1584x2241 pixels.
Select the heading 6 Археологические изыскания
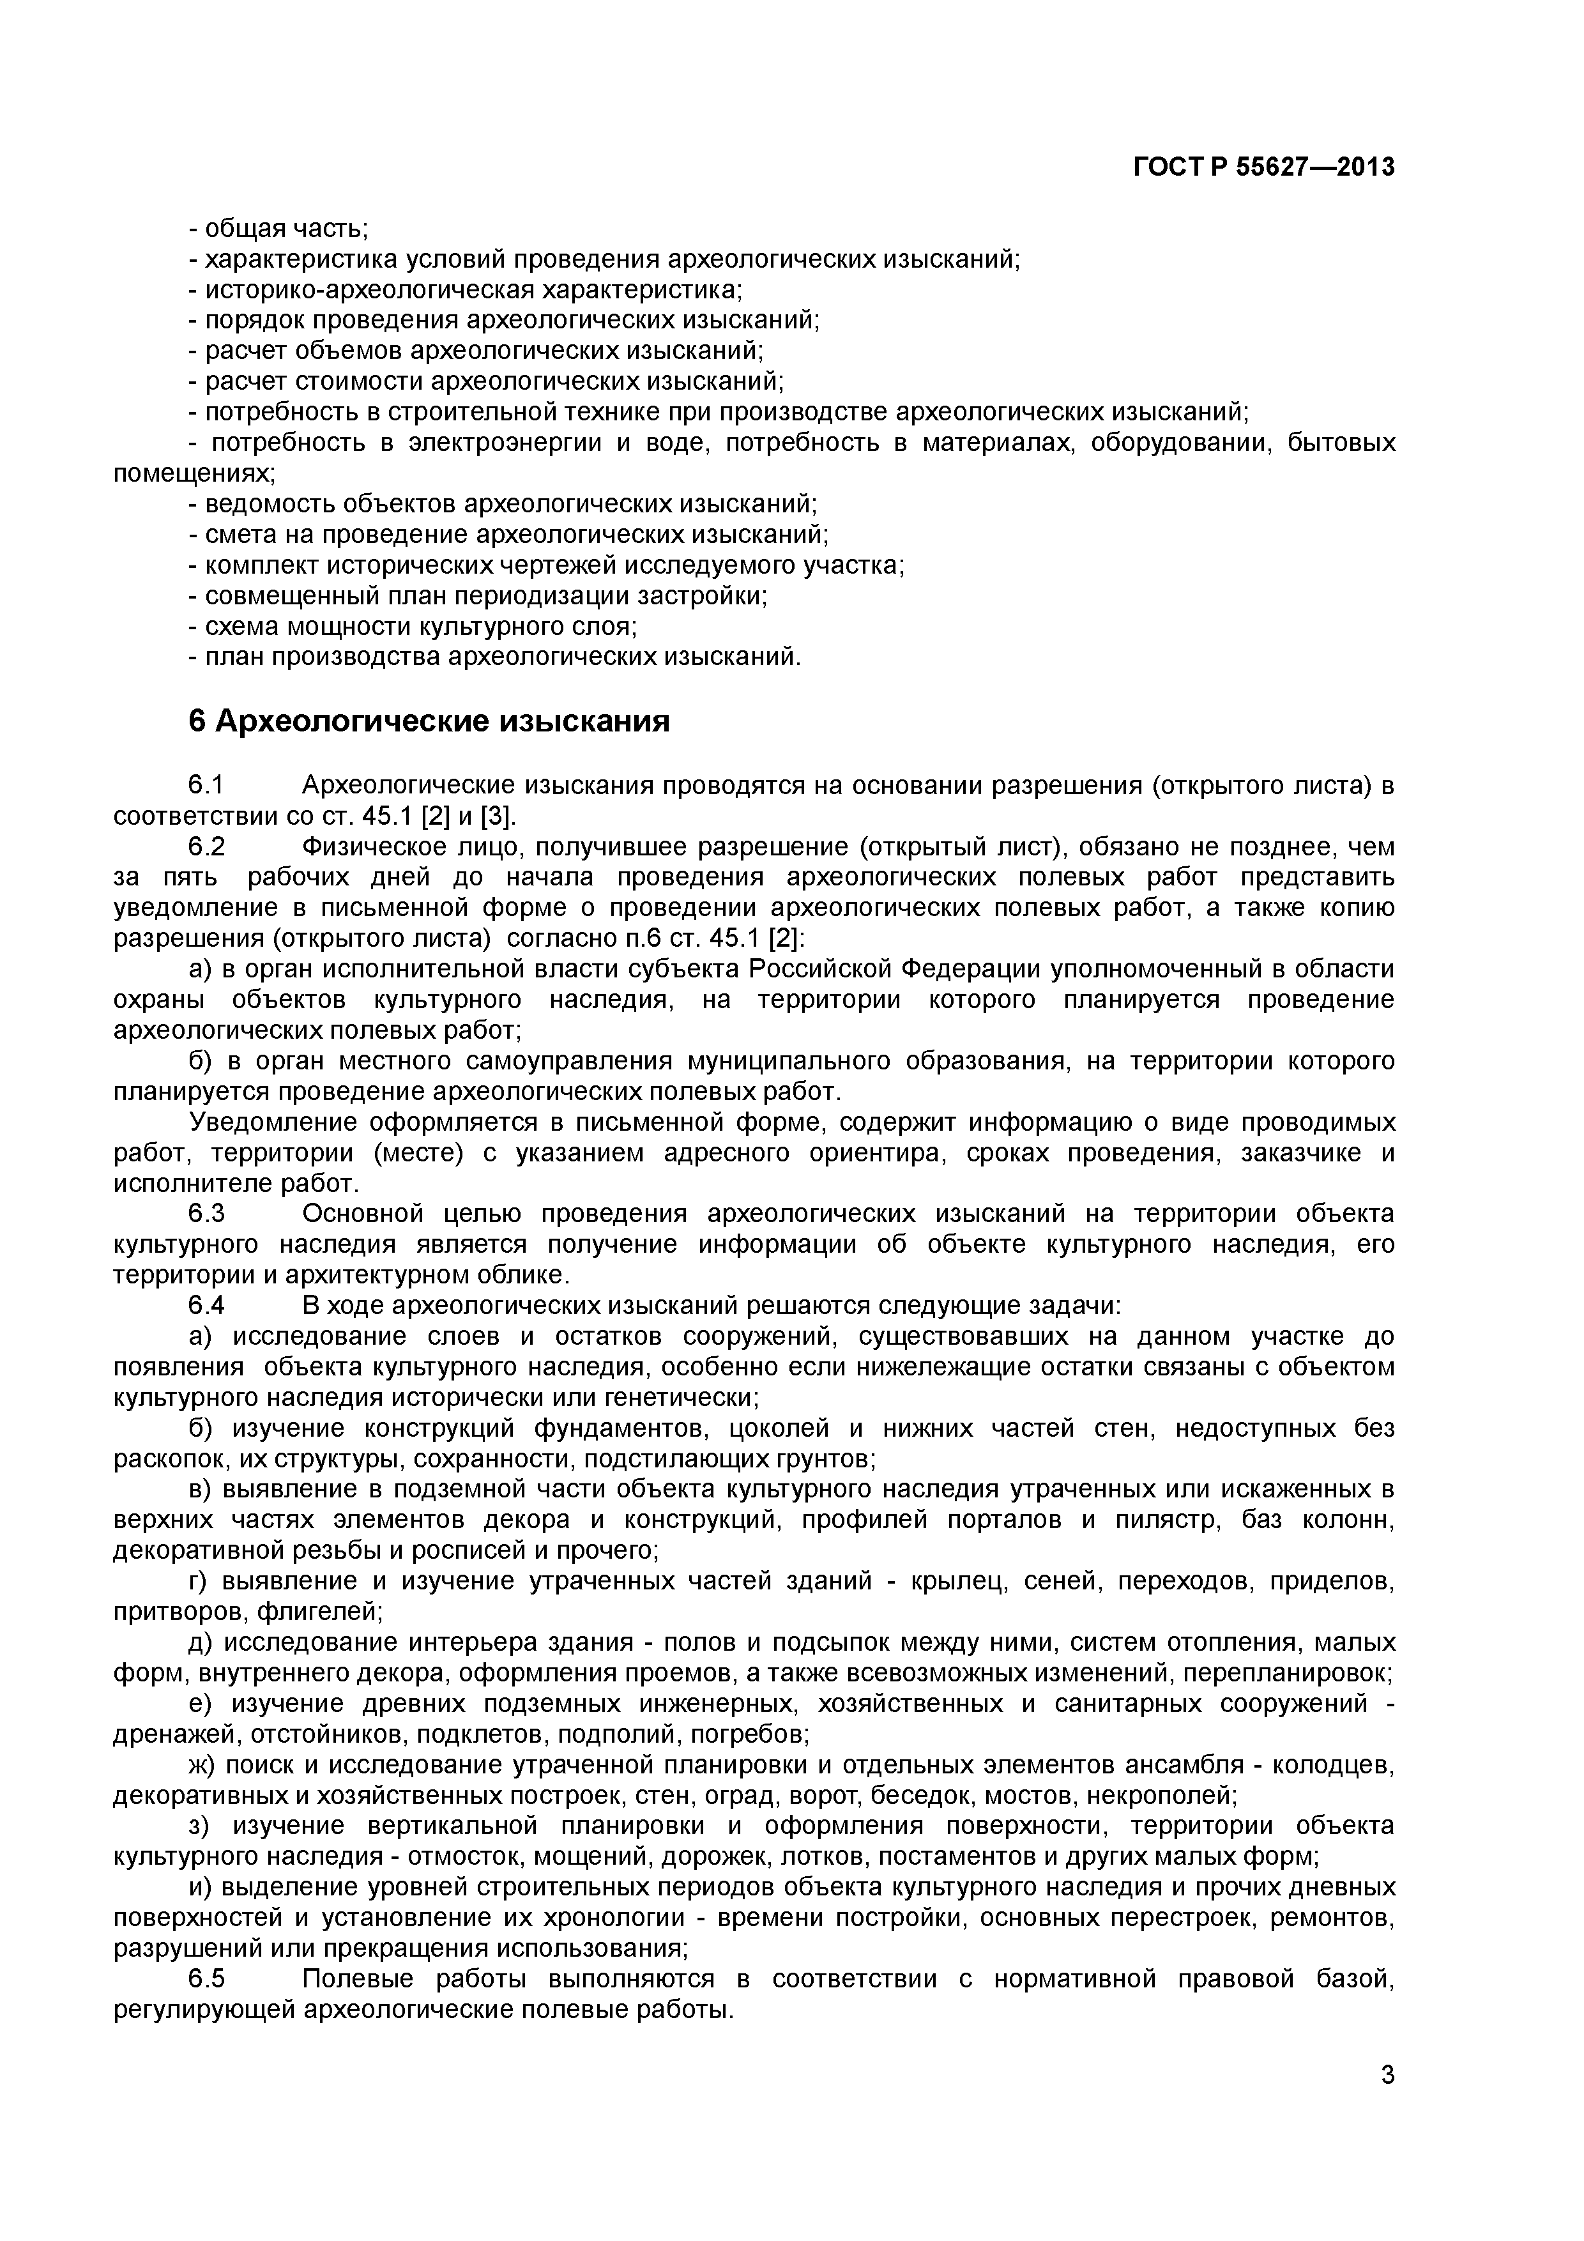[429, 721]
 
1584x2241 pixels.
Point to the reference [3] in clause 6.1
[495, 816]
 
